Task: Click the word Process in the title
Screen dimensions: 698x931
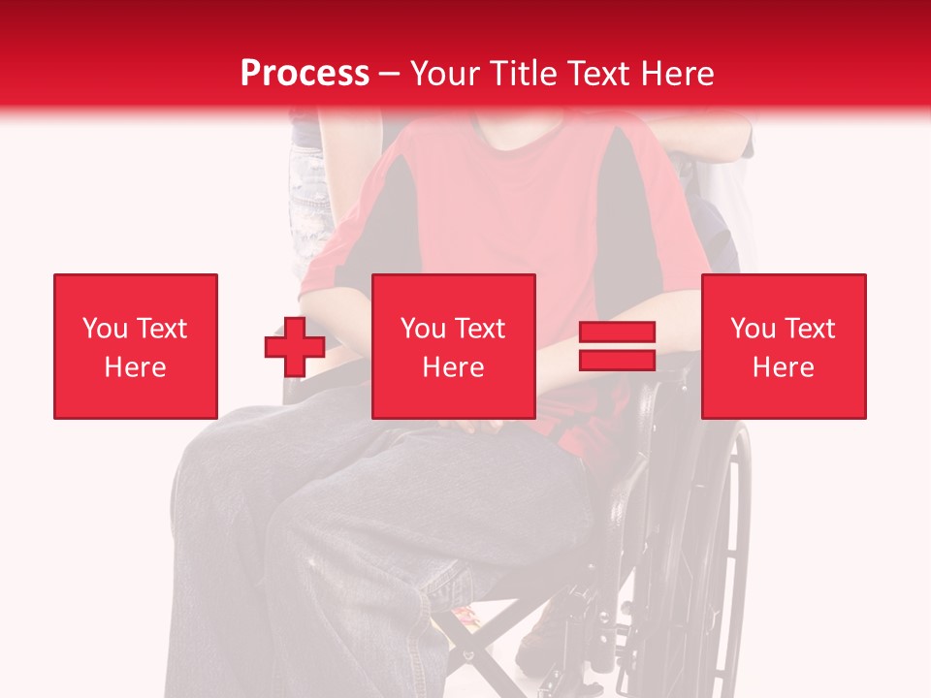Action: pos(305,74)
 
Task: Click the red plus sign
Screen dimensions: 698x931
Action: pos(295,346)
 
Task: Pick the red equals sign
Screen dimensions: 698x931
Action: pos(617,346)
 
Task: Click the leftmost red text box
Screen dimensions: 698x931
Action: pos(136,346)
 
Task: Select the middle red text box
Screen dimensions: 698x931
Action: pos(454,346)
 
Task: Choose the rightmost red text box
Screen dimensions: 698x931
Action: pos(784,346)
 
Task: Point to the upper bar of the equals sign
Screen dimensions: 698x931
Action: pos(617,332)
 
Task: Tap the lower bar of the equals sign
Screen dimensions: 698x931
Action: pos(617,360)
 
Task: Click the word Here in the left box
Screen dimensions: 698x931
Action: pos(136,367)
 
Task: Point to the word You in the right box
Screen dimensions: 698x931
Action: pos(752,329)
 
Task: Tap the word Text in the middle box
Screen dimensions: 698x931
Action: pos(481,329)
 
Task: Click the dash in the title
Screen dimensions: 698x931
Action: pos(390,74)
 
